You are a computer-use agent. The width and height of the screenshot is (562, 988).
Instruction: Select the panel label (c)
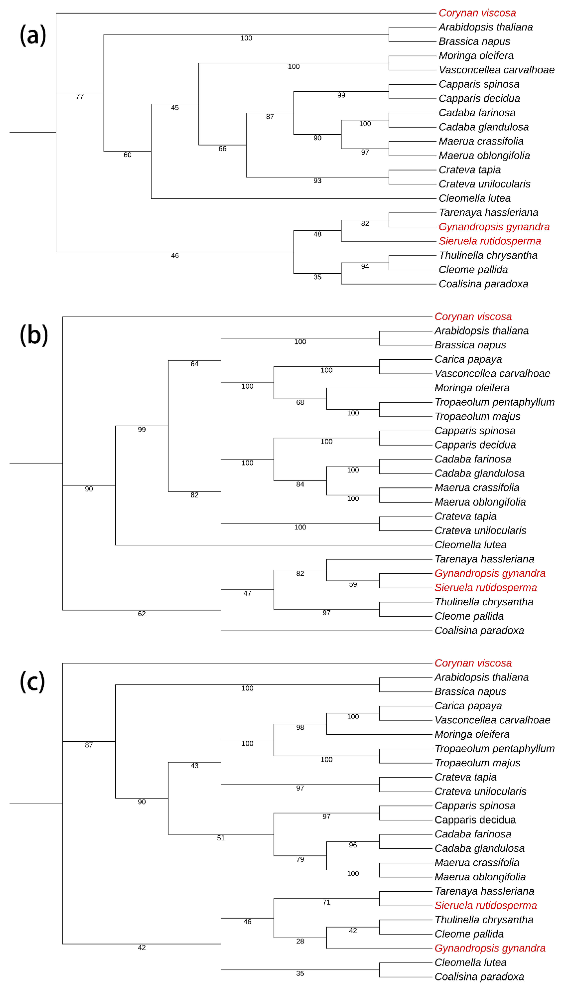coord(32,682)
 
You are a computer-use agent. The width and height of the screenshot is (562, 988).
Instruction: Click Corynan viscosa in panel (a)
coord(477,13)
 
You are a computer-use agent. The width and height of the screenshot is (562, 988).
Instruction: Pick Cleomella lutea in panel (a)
coord(474,198)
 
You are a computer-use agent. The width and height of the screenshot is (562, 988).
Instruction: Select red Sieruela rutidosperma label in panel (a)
coord(489,241)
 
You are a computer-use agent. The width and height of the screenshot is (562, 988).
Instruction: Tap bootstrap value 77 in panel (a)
coord(80,97)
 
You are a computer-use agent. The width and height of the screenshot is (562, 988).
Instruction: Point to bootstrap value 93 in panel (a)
coord(317,181)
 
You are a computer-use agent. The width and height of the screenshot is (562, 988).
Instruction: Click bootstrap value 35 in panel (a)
coord(317,277)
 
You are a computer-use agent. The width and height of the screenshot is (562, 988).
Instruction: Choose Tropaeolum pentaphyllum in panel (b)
coord(494,402)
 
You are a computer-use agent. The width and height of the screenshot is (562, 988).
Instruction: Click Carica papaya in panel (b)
coord(468,359)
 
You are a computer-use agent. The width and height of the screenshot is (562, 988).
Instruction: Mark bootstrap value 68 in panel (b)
coord(300,403)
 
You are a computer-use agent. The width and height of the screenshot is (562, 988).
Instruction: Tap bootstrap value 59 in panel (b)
coord(353,584)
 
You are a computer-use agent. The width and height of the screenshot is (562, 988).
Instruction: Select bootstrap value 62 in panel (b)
coord(142,614)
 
